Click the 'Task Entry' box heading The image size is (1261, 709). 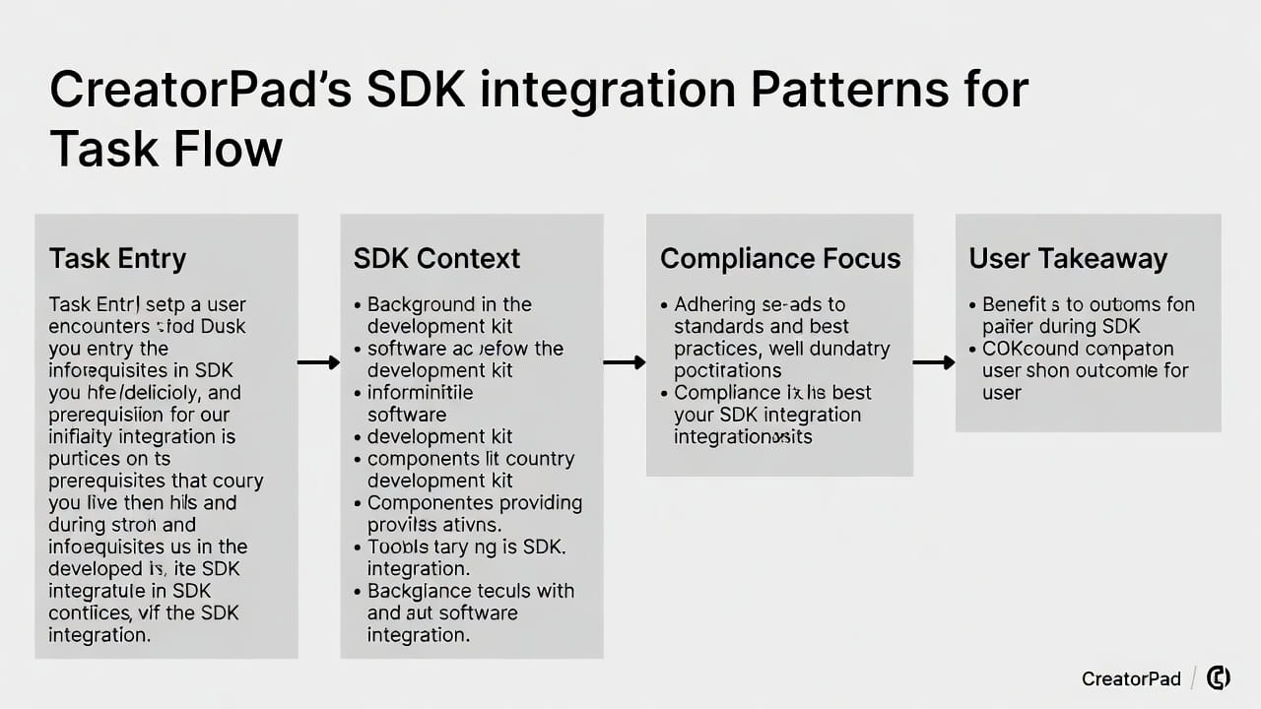[117, 259]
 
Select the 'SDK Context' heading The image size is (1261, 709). [436, 259]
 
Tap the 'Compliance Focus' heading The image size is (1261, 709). [780, 259]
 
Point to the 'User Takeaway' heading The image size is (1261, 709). [1068, 259]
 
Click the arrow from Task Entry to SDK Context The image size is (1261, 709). [318, 362]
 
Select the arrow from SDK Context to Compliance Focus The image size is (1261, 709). [625, 362]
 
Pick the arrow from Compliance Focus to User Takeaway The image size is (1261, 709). [934, 362]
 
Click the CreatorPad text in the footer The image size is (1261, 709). [1130, 678]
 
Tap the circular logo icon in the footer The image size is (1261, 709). [1219, 677]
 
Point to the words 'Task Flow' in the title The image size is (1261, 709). [166, 150]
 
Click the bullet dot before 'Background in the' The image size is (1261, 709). [357, 305]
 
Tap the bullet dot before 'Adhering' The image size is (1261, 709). [664, 305]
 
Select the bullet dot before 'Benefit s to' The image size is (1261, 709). [972, 305]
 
